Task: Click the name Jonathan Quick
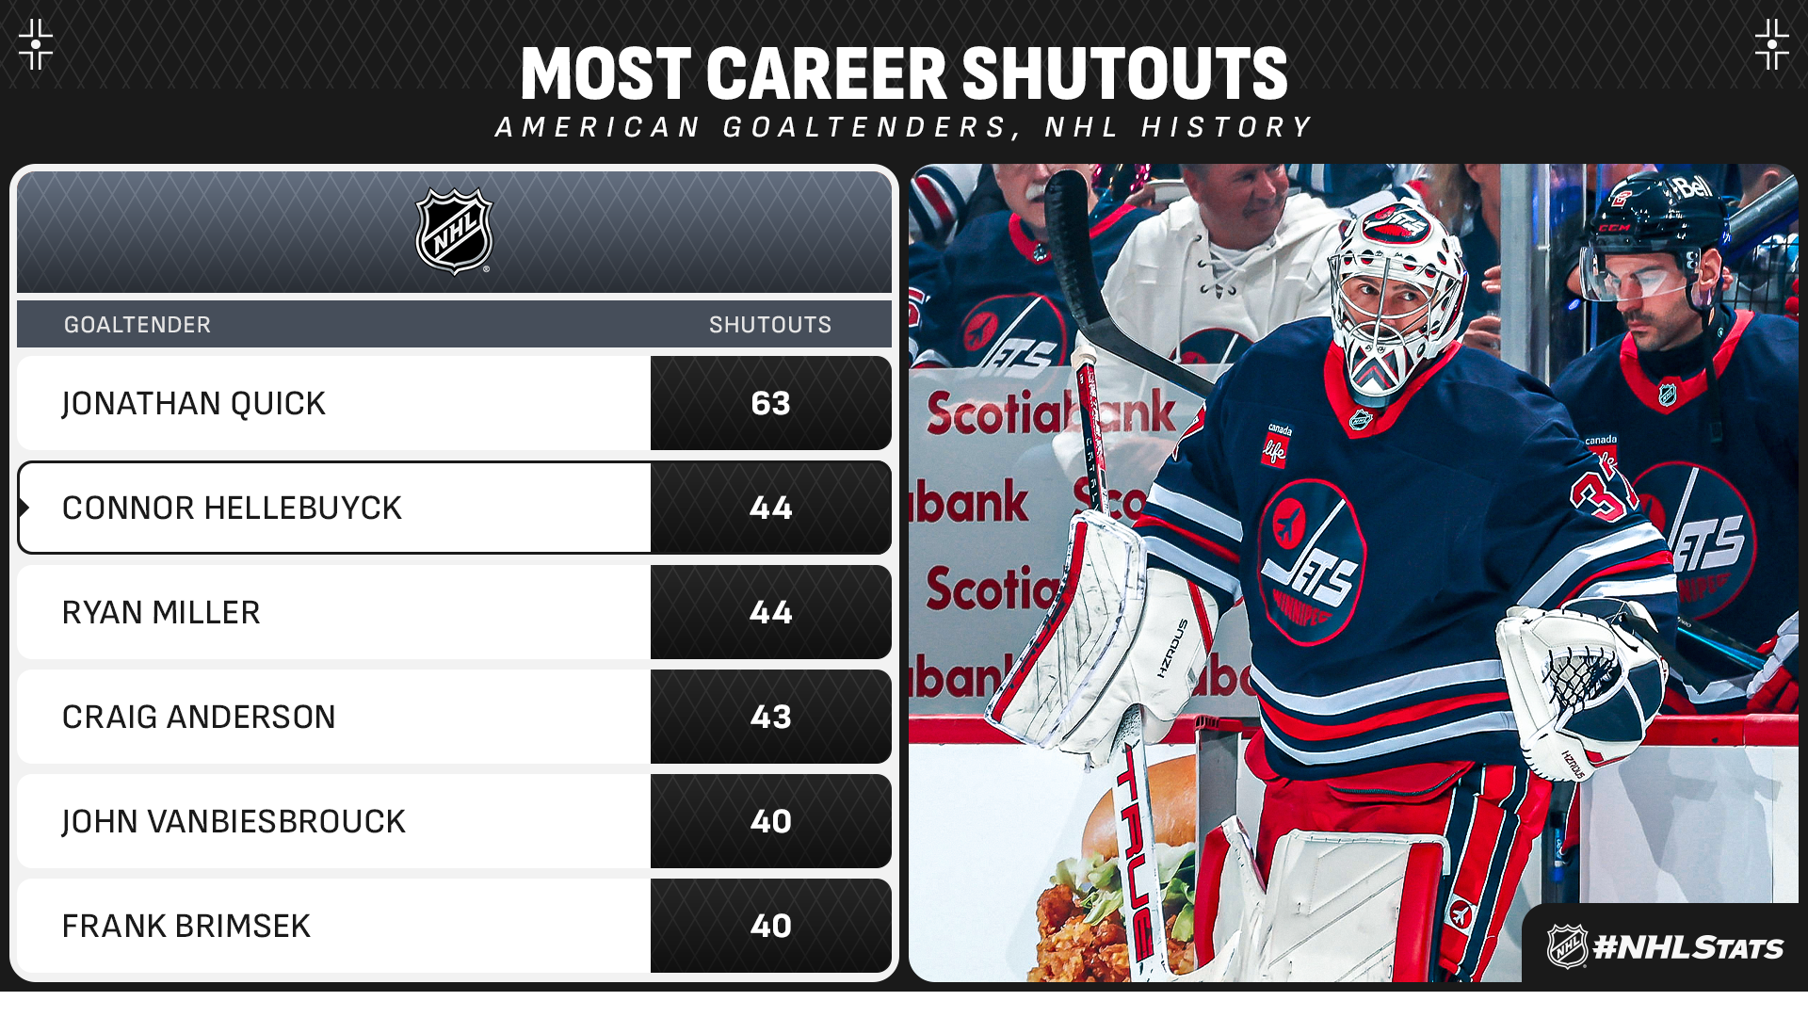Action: pyautogui.click(x=193, y=403)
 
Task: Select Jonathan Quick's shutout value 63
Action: pyautogui.click(x=770, y=403)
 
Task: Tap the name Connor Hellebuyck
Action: pyautogui.click(x=232, y=508)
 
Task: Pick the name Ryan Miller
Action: pyautogui.click(x=161, y=612)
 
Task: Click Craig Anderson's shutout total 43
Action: pyautogui.click(x=770, y=717)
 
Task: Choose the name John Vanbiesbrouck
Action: pyautogui.click(x=234, y=821)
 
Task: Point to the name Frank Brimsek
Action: pyautogui.click(x=186, y=926)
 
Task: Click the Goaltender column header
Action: pyautogui.click(x=137, y=325)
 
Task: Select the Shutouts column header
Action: pyautogui.click(x=770, y=325)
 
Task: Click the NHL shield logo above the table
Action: pyautogui.click(x=455, y=232)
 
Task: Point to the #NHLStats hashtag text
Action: pyautogui.click(x=1687, y=947)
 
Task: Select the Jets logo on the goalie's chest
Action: pyautogui.click(x=1311, y=561)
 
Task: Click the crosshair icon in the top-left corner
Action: pyautogui.click(x=36, y=44)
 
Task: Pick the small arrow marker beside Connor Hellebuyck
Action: pyautogui.click(x=24, y=508)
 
